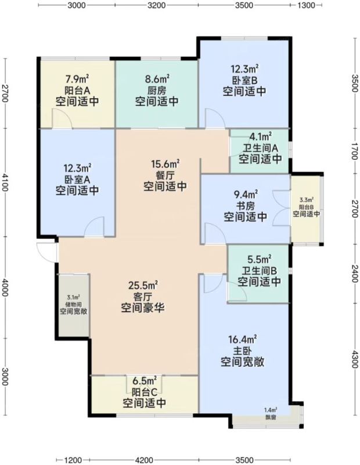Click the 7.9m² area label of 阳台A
pos(77,79)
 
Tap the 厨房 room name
pos(157,90)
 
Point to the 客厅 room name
pos(142,297)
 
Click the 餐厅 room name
pos(165,175)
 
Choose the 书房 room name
pos(246,206)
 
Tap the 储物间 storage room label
pos(73,305)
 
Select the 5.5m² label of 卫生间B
pos(260,260)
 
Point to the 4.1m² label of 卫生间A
pos(261,137)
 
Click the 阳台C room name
pos(145,392)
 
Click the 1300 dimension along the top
pos(306,5)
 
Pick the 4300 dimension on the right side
pos(355,359)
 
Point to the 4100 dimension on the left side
pos(5,182)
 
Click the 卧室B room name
pos(244,80)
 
